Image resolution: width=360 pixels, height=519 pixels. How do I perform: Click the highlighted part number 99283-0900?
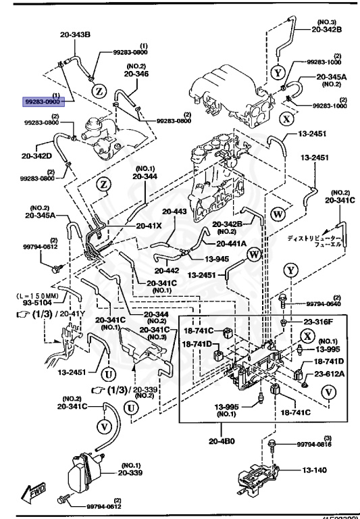(x=42, y=100)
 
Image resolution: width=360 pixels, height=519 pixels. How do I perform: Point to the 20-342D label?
(x=37, y=155)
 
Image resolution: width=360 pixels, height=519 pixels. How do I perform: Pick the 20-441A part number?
(x=231, y=243)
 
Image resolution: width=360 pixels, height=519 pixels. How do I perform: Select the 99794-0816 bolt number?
(x=313, y=445)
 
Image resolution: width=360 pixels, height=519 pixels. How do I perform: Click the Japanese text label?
(x=315, y=242)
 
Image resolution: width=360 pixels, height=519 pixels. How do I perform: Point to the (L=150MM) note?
(x=36, y=295)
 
